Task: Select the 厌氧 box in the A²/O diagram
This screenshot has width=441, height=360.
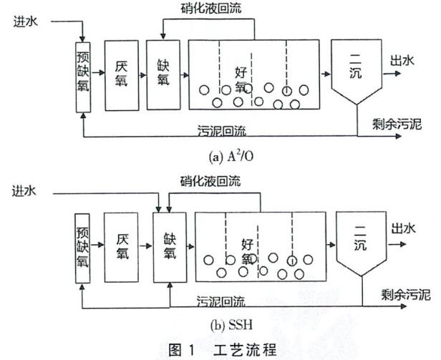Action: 122,74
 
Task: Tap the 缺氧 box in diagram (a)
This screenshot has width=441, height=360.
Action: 163,74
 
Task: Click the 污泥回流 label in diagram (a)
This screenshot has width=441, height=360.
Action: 223,130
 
